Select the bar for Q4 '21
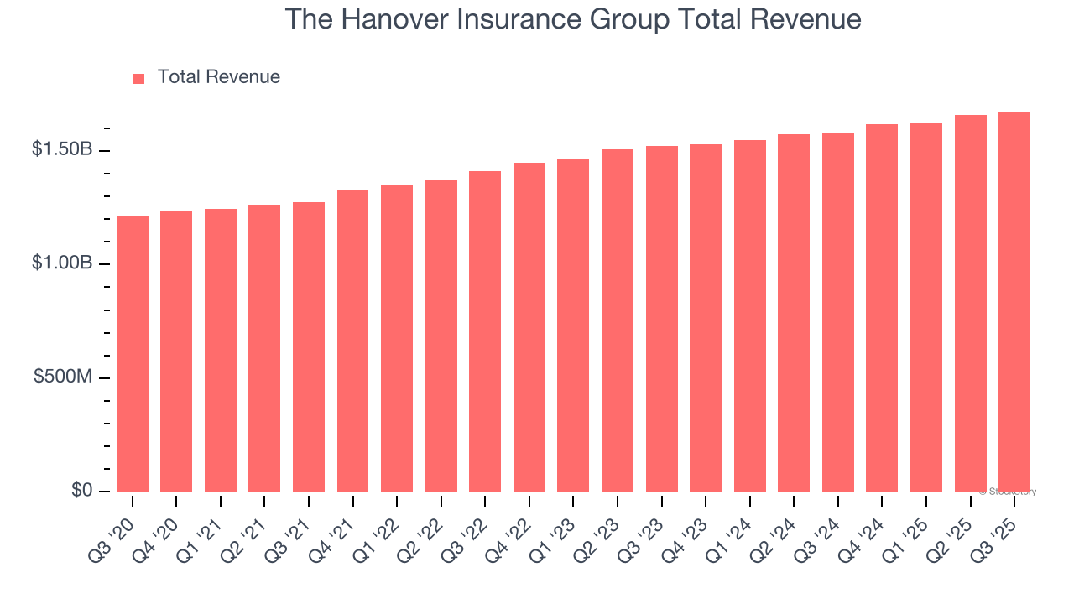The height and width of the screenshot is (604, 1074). (x=352, y=341)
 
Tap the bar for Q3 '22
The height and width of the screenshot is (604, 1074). (x=485, y=331)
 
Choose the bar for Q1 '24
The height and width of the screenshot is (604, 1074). (x=749, y=315)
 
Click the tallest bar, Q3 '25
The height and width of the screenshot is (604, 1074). (x=1014, y=302)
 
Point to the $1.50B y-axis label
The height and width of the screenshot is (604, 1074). (x=61, y=149)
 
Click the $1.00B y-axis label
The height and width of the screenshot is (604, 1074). (x=61, y=263)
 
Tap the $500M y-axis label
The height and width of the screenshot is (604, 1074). (x=63, y=377)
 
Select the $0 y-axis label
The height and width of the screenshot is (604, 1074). (x=81, y=490)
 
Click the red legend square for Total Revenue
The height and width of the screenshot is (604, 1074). (x=139, y=78)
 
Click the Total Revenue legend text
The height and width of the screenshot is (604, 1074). (x=218, y=77)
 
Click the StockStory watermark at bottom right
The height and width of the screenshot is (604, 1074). (x=1008, y=492)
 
